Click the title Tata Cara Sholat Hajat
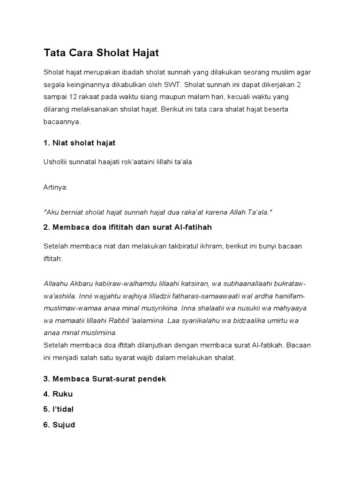(101, 53)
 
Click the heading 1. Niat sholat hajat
(79, 142)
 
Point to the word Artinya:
(55, 187)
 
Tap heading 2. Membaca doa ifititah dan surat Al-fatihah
(127, 227)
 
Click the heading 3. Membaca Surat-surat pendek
(105, 378)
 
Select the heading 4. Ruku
(58, 394)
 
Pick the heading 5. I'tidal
(59, 409)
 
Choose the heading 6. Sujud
(59, 425)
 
